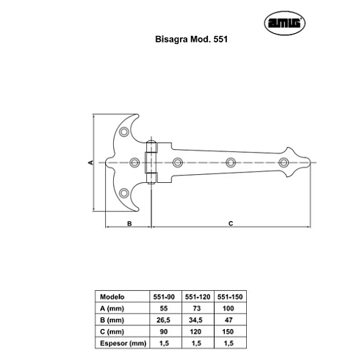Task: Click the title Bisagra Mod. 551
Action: pos(191,39)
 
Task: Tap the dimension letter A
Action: pos(90,162)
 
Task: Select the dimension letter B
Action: pos(129,223)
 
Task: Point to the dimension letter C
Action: pos(231,223)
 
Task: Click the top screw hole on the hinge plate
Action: pos(124,132)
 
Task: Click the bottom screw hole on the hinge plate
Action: pos(124,193)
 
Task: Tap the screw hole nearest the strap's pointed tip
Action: pos(284,162)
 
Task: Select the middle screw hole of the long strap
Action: pos(231,162)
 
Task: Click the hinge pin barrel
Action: pos(151,162)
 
